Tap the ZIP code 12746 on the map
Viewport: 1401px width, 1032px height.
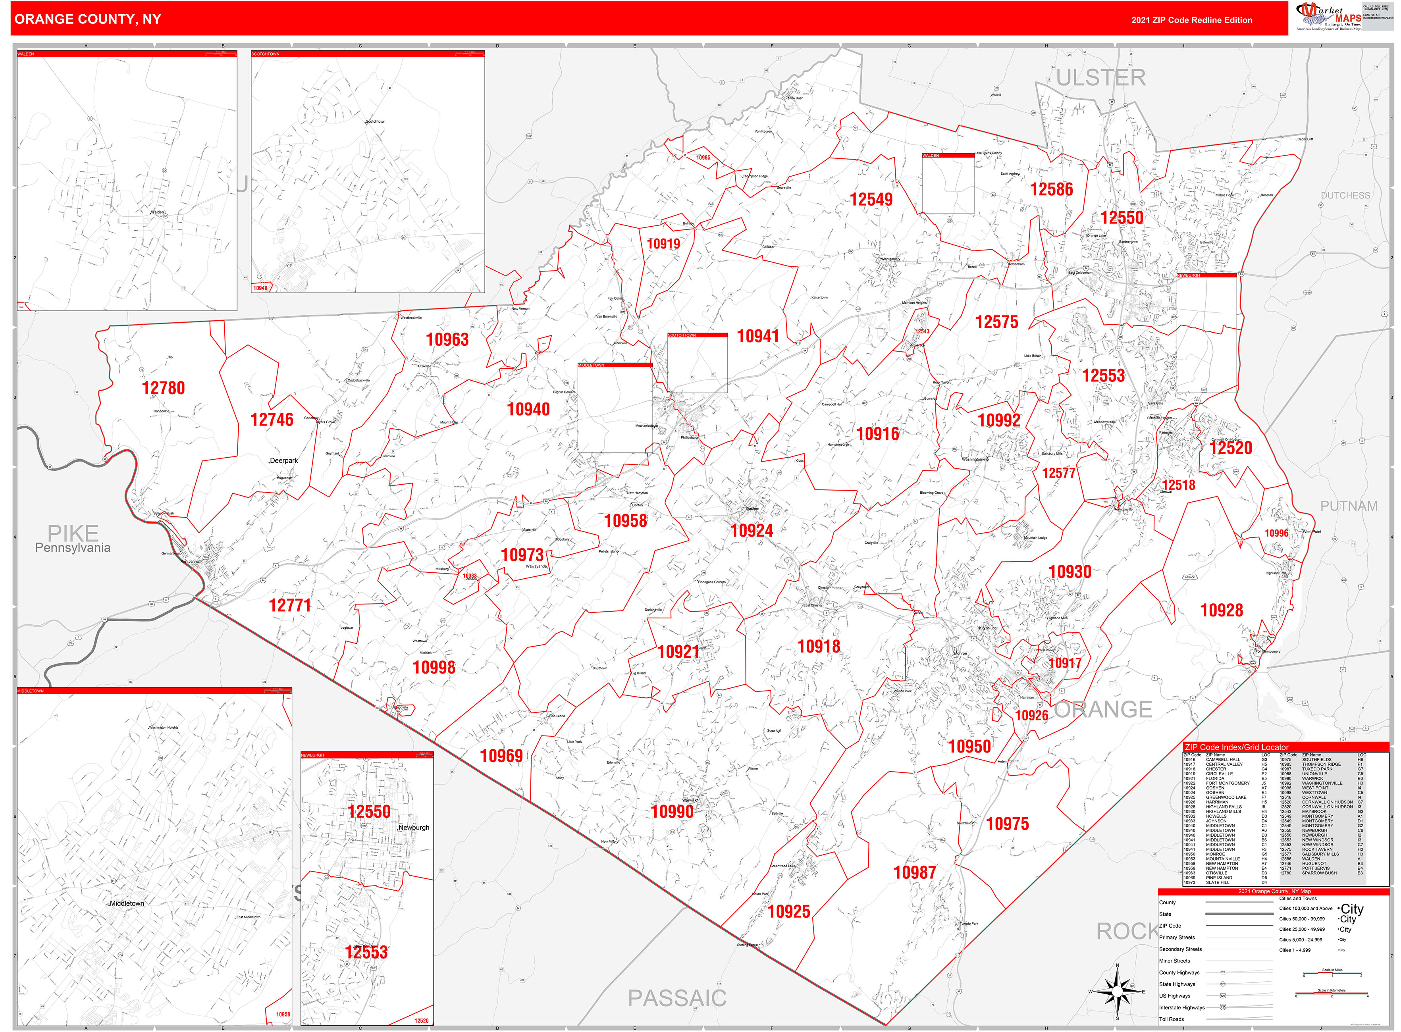tap(272, 420)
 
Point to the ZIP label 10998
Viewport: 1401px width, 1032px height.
tap(434, 668)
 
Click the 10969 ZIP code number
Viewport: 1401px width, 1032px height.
tap(501, 756)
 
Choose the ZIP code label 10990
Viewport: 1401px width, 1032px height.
tap(672, 811)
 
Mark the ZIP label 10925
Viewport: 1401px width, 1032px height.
tap(788, 911)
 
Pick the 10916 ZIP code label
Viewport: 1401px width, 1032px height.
tap(877, 433)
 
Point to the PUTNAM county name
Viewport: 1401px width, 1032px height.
tap(1349, 506)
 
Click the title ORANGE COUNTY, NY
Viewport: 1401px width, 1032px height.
tap(87, 19)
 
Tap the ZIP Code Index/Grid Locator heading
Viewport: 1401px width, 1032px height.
tap(1236, 747)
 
